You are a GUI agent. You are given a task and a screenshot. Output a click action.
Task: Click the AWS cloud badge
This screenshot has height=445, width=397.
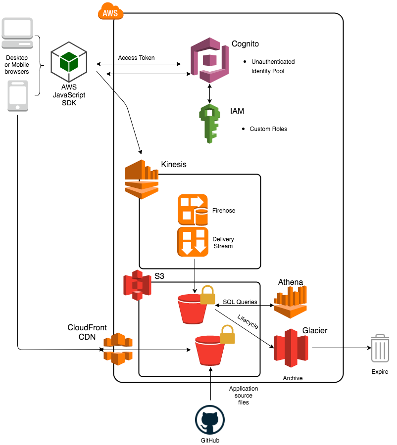[x=110, y=12]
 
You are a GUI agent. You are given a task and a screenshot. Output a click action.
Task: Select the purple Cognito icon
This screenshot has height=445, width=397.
[x=209, y=62]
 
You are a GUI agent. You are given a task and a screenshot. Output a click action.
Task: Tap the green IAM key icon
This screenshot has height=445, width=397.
[x=209, y=123]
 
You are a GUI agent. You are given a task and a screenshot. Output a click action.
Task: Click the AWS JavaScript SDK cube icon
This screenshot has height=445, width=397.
[x=68, y=61]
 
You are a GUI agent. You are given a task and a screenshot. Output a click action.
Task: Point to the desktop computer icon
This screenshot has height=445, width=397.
[x=18, y=35]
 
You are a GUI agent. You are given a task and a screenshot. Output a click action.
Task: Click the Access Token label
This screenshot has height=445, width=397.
[x=136, y=58]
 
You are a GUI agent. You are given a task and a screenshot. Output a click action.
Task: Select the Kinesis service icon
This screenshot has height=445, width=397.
[x=142, y=179]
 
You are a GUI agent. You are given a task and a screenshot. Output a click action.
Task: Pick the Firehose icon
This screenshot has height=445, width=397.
[x=193, y=210]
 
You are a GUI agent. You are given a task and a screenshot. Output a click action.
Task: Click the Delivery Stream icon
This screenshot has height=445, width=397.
[x=193, y=242]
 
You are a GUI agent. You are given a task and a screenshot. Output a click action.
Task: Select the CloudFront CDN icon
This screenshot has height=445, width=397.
[x=118, y=349]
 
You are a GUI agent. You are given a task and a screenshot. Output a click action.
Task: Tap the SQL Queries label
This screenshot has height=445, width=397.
[x=239, y=302]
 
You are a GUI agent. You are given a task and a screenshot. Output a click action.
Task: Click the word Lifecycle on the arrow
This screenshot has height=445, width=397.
[x=248, y=322]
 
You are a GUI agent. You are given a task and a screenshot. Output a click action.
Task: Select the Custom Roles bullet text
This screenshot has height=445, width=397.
[x=268, y=129]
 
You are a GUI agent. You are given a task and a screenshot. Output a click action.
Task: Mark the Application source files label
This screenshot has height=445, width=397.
[x=244, y=396]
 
